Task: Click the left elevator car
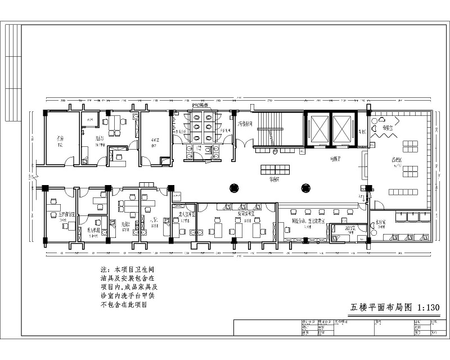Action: tap(318, 129)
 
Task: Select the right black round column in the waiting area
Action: tap(305, 188)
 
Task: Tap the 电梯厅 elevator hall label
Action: tap(337, 159)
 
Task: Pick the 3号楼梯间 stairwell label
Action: tap(244, 123)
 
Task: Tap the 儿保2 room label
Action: tap(126, 225)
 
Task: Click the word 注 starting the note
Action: tap(103, 269)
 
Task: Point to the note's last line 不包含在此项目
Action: tap(123, 305)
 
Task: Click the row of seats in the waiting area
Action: tap(275, 169)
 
